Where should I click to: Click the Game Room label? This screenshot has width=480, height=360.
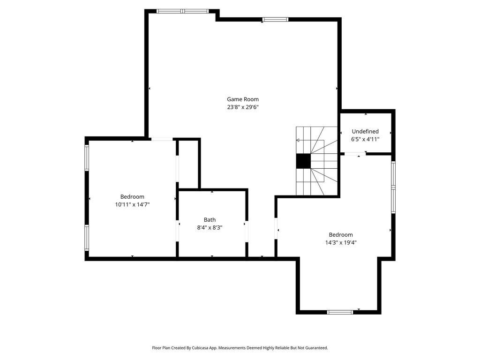(x=243, y=99)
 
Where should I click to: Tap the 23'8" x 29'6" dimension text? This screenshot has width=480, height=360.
(x=243, y=107)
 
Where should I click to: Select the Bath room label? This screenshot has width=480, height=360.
(x=210, y=220)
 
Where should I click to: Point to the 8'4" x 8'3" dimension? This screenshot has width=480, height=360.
(x=210, y=228)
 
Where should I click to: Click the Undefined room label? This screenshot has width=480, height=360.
(x=365, y=132)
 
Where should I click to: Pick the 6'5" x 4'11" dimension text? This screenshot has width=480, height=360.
(x=365, y=139)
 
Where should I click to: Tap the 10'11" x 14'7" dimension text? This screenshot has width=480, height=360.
(x=132, y=204)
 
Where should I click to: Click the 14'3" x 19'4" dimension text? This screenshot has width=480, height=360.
(x=341, y=243)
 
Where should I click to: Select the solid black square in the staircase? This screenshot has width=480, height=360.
(x=303, y=161)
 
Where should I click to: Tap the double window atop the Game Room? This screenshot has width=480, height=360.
(x=183, y=11)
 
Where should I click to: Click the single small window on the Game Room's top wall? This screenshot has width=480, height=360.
(x=275, y=20)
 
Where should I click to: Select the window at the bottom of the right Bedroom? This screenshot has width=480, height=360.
(x=340, y=312)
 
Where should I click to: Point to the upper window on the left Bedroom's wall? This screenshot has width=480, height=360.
(x=87, y=157)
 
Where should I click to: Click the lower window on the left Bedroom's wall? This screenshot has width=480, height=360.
(x=87, y=238)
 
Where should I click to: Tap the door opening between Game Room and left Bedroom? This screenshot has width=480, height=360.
(x=162, y=139)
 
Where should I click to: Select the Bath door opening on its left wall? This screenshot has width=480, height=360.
(x=177, y=231)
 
